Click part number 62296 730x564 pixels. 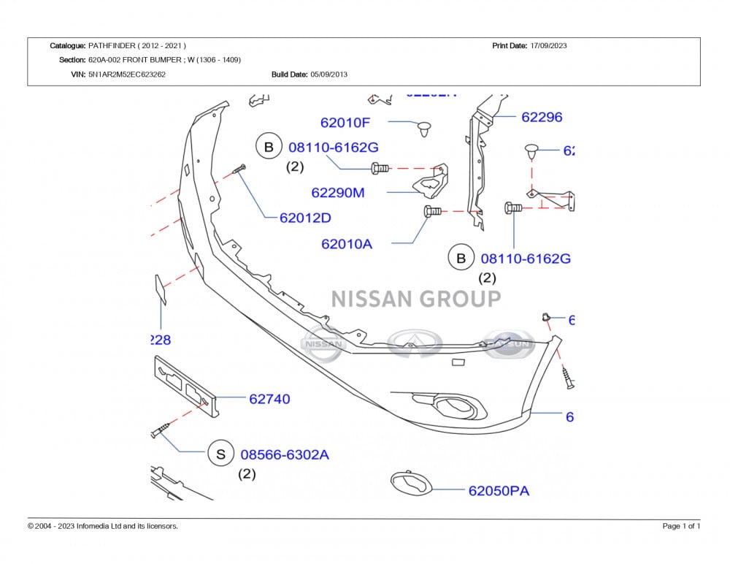pos(542,117)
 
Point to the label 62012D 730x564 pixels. pos(305,218)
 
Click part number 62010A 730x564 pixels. pos(347,244)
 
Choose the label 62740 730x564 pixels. pos(269,399)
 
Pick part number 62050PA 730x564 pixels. pos(499,491)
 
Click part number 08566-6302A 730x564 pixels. pos(285,454)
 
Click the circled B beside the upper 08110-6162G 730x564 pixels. pos(269,147)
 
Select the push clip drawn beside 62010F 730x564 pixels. pos(423,129)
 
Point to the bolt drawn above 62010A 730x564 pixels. pos(432,211)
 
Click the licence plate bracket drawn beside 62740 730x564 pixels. pos(185,386)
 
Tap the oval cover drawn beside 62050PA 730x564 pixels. pos(412,483)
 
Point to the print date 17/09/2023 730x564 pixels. pos(548,45)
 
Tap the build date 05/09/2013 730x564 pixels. pos(328,74)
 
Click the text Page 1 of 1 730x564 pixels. pos(681,526)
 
